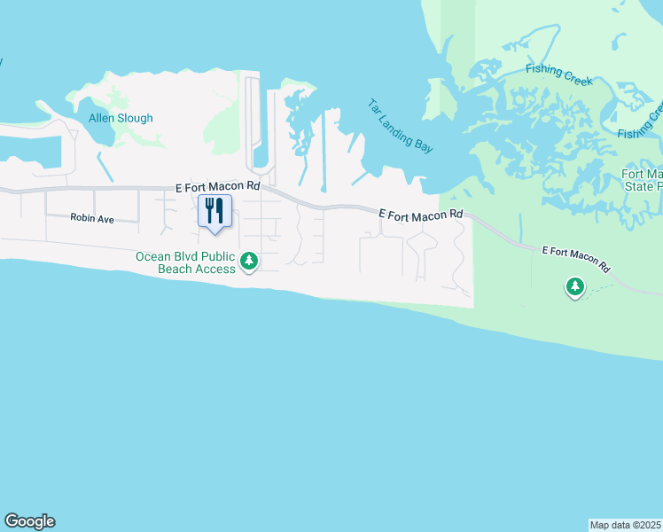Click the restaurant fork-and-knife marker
(x=214, y=211)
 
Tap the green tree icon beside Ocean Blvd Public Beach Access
(x=250, y=261)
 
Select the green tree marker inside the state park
(x=575, y=286)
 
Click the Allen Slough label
(x=121, y=118)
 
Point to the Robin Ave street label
(x=92, y=218)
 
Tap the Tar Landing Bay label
(x=401, y=126)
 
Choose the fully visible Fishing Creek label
(x=558, y=74)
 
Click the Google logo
(x=29, y=521)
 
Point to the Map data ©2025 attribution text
(x=625, y=524)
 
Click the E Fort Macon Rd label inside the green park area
(x=577, y=259)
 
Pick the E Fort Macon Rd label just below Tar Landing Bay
(x=421, y=215)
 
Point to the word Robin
(x=83, y=218)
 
